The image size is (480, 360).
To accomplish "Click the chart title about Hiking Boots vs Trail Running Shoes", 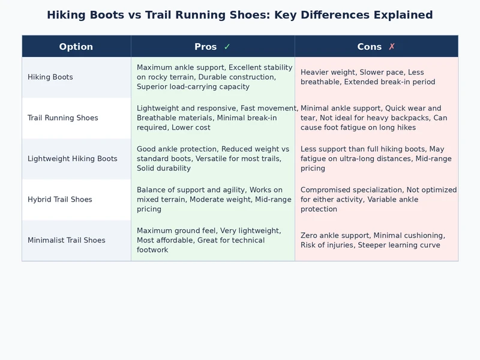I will pos(240,15).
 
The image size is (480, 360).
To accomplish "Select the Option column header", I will pos(76,47).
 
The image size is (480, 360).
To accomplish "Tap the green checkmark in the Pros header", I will pos(227,47).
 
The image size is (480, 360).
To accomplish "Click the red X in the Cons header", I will pos(392,47).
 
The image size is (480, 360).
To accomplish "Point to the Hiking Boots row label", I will pos(50,77).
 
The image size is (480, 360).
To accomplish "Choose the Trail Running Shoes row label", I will pos(63,118).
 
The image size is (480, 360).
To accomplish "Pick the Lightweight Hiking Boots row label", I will pos(73,159).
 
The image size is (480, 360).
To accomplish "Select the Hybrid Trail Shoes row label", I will pos(60,200).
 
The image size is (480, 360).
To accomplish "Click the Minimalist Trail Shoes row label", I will pos(67,241).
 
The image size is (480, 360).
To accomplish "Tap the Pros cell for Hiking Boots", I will pos(213,77).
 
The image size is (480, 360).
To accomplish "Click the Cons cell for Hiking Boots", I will pos(376,77).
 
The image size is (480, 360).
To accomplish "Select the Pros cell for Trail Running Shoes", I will pos(213,118).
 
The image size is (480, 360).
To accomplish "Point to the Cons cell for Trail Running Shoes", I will pos(376,118).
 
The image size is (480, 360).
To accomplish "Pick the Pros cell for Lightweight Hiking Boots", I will pos(213,159).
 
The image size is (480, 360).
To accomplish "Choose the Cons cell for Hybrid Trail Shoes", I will pos(376,200).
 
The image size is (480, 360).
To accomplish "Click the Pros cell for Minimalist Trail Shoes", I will pos(213,241).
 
